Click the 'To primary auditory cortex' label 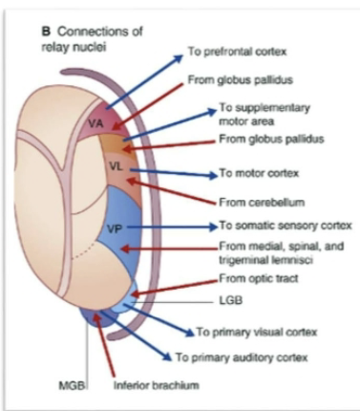click(x=245, y=359)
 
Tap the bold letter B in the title click(x=44, y=31)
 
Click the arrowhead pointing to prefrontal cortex click(x=181, y=58)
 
